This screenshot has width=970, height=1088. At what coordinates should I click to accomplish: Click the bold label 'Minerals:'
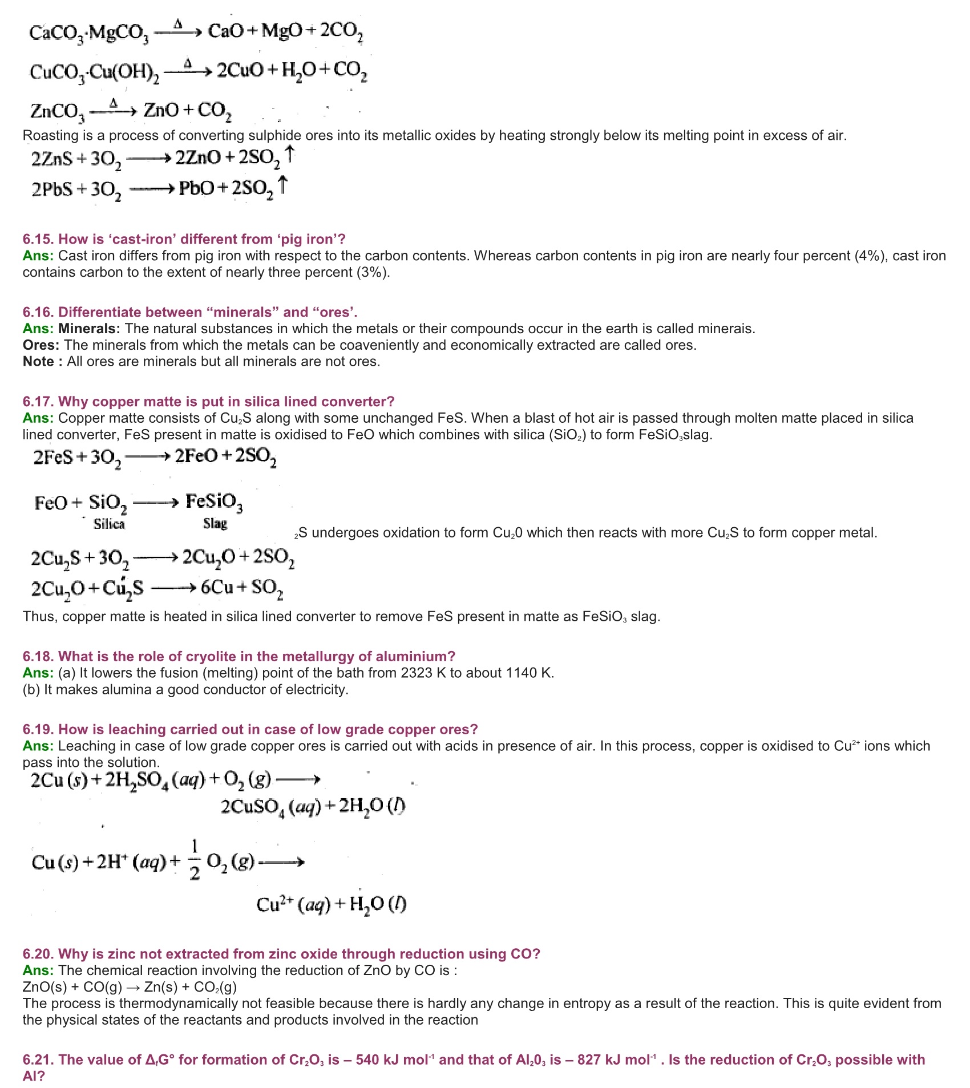coord(89,329)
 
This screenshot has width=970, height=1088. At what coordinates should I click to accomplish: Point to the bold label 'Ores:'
coord(41,345)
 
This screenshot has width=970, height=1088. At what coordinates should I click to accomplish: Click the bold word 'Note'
coord(38,362)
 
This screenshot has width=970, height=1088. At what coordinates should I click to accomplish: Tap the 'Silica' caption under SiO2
coord(109,524)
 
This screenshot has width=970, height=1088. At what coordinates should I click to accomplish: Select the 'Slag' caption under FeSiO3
coord(215,524)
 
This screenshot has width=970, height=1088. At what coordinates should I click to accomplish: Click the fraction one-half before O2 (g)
coord(195,859)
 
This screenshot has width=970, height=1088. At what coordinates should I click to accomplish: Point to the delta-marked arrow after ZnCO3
coord(114,110)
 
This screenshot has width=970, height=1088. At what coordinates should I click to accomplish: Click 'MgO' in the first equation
coord(282,31)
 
